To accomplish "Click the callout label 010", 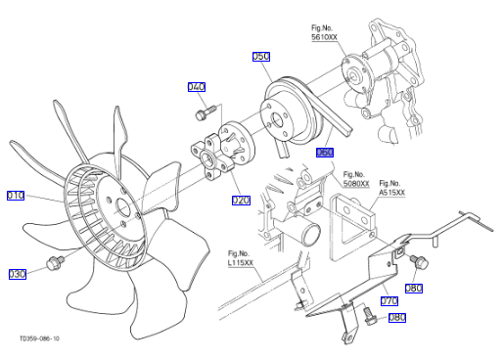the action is pyautogui.click(x=16, y=196).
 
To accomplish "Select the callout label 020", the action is pyautogui.click(x=241, y=201).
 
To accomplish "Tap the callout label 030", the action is pyautogui.click(x=18, y=274).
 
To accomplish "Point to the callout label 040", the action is pyautogui.click(x=197, y=87).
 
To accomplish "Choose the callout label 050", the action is pyautogui.click(x=261, y=57).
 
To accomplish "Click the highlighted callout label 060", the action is pyautogui.click(x=325, y=153).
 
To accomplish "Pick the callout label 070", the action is pyautogui.click(x=389, y=300).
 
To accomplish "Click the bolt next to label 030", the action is pyautogui.click(x=55, y=262).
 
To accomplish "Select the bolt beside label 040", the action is pyautogui.click(x=206, y=112).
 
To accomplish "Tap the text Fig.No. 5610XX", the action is pyautogui.click(x=324, y=32).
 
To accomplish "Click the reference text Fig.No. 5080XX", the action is pyautogui.click(x=356, y=179).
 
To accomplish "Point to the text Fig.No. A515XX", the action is pyautogui.click(x=391, y=188).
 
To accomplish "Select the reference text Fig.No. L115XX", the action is pyautogui.click(x=241, y=258).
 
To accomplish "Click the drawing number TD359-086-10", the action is pyautogui.click(x=39, y=338).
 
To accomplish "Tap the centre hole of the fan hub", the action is pyautogui.click(x=122, y=207).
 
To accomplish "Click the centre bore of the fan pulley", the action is pyautogui.click(x=277, y=120).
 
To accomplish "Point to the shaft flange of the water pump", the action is pyautogui.click(x=353, y=75).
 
